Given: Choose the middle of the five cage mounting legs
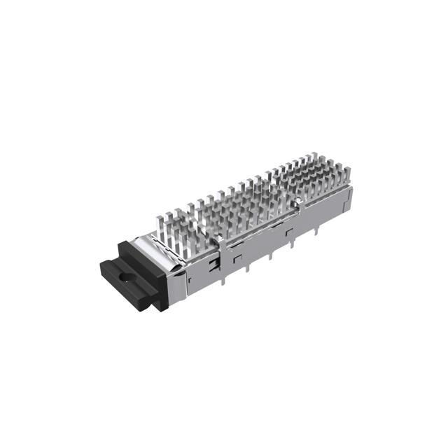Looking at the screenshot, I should [269, 254].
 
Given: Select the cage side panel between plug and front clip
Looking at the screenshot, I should [196, 276].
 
